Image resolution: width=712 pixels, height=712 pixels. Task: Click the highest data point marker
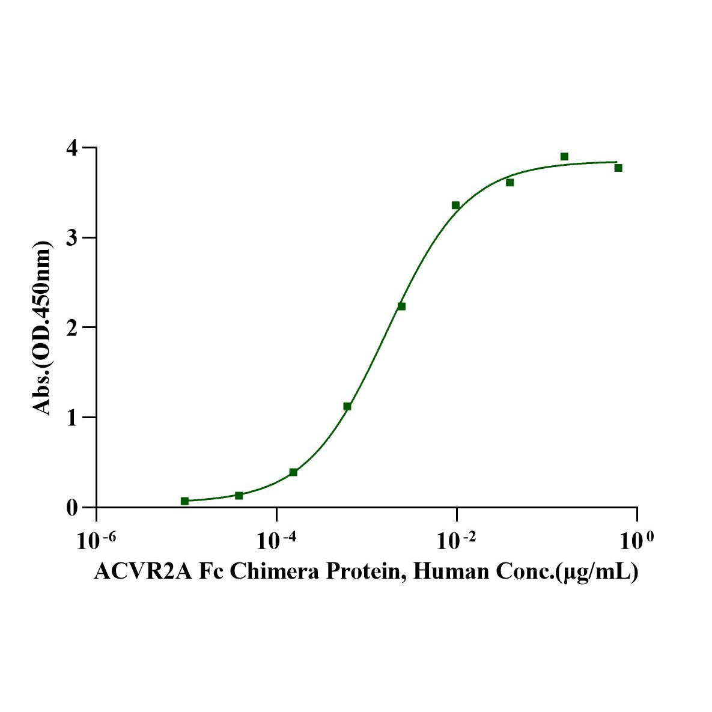(x=564, y=157)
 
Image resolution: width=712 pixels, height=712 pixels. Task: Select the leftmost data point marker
(x=184, y=501)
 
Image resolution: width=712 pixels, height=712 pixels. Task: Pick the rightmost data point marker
(x=618, y=168)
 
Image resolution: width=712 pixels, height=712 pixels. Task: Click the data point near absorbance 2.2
(x=401, y=306)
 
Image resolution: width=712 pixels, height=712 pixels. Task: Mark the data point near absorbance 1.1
(x=347, y=406)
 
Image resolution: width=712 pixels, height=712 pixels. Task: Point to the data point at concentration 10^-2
(x=455, y=205)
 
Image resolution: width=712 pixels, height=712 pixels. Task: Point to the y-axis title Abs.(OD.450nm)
(x=42, y=327)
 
